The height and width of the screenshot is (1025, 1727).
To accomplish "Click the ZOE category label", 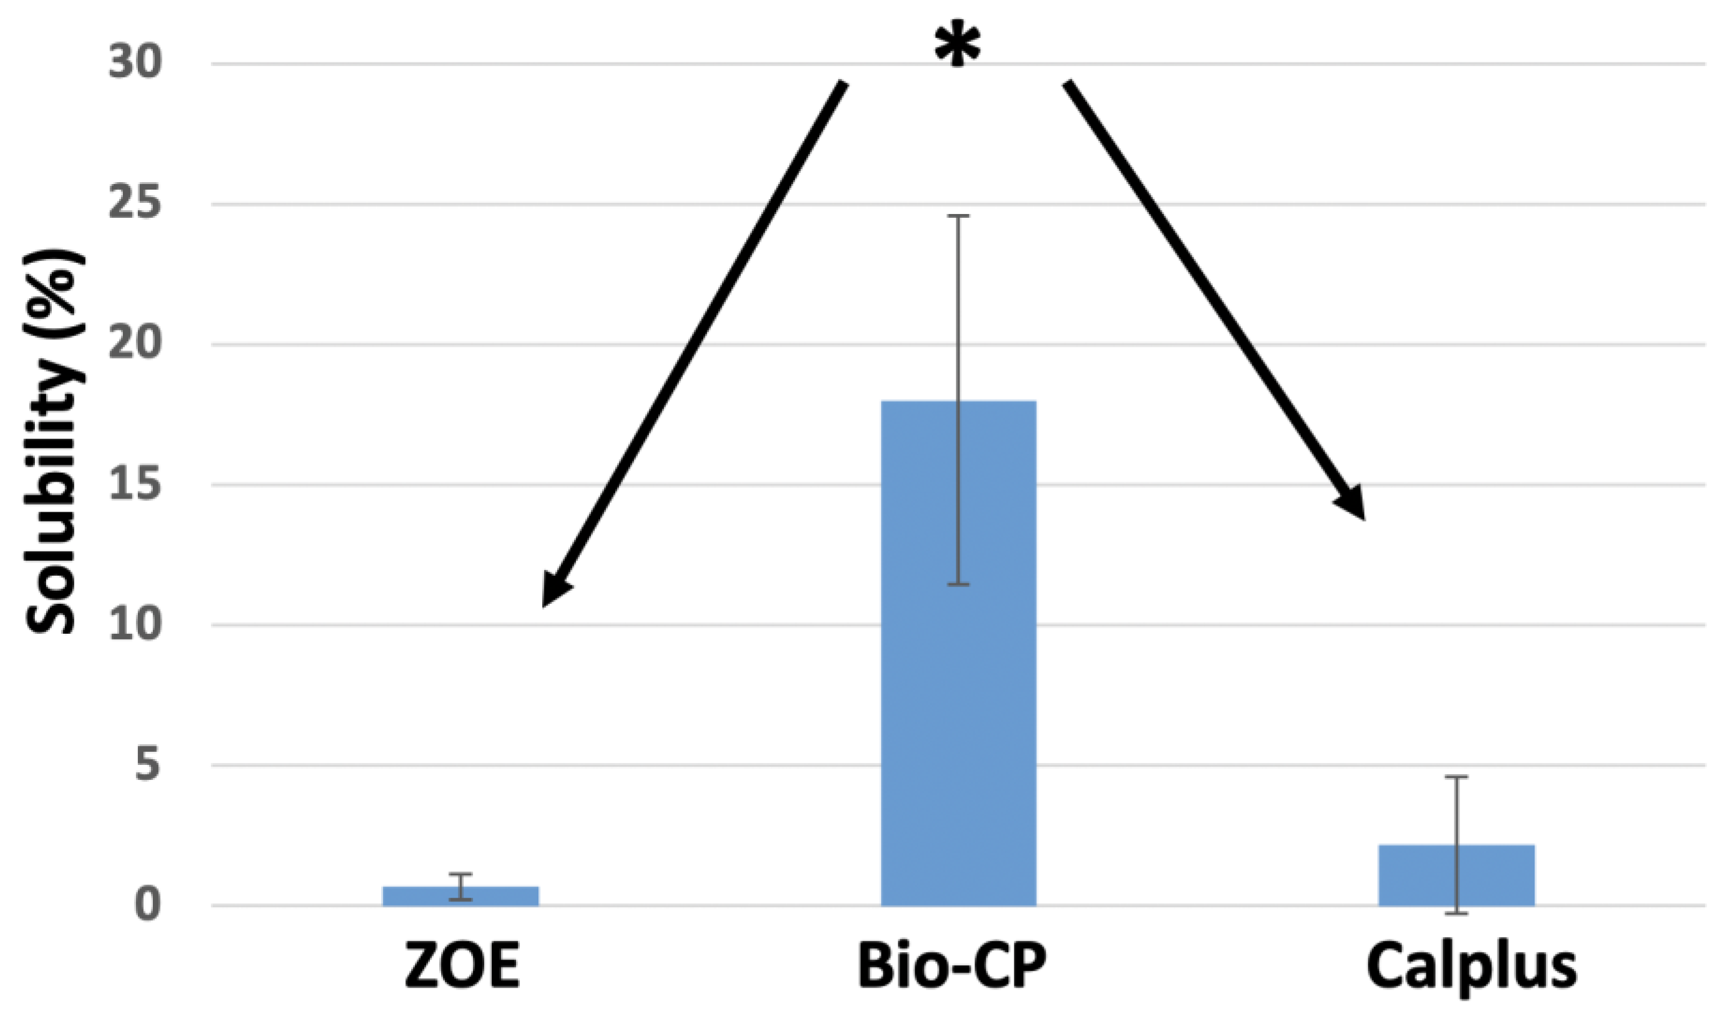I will [462, 966].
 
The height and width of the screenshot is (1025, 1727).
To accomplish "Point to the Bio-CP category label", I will [951, 966].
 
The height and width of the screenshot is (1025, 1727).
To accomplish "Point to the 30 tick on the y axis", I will [135, 64].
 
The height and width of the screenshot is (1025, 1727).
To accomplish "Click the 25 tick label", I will [135, 205].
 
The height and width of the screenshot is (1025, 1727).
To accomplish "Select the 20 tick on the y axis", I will [135, 344].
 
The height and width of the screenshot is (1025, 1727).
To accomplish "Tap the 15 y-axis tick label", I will [135, 485].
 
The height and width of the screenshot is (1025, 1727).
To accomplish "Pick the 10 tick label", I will [135, 625].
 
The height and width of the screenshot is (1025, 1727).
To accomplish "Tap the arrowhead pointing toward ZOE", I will [554, 591].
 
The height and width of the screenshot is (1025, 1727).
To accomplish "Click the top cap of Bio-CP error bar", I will [958, 216].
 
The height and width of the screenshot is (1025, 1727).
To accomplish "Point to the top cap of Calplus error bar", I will [1456, 777].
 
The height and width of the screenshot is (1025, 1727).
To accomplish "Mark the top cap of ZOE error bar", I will [461, 875].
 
